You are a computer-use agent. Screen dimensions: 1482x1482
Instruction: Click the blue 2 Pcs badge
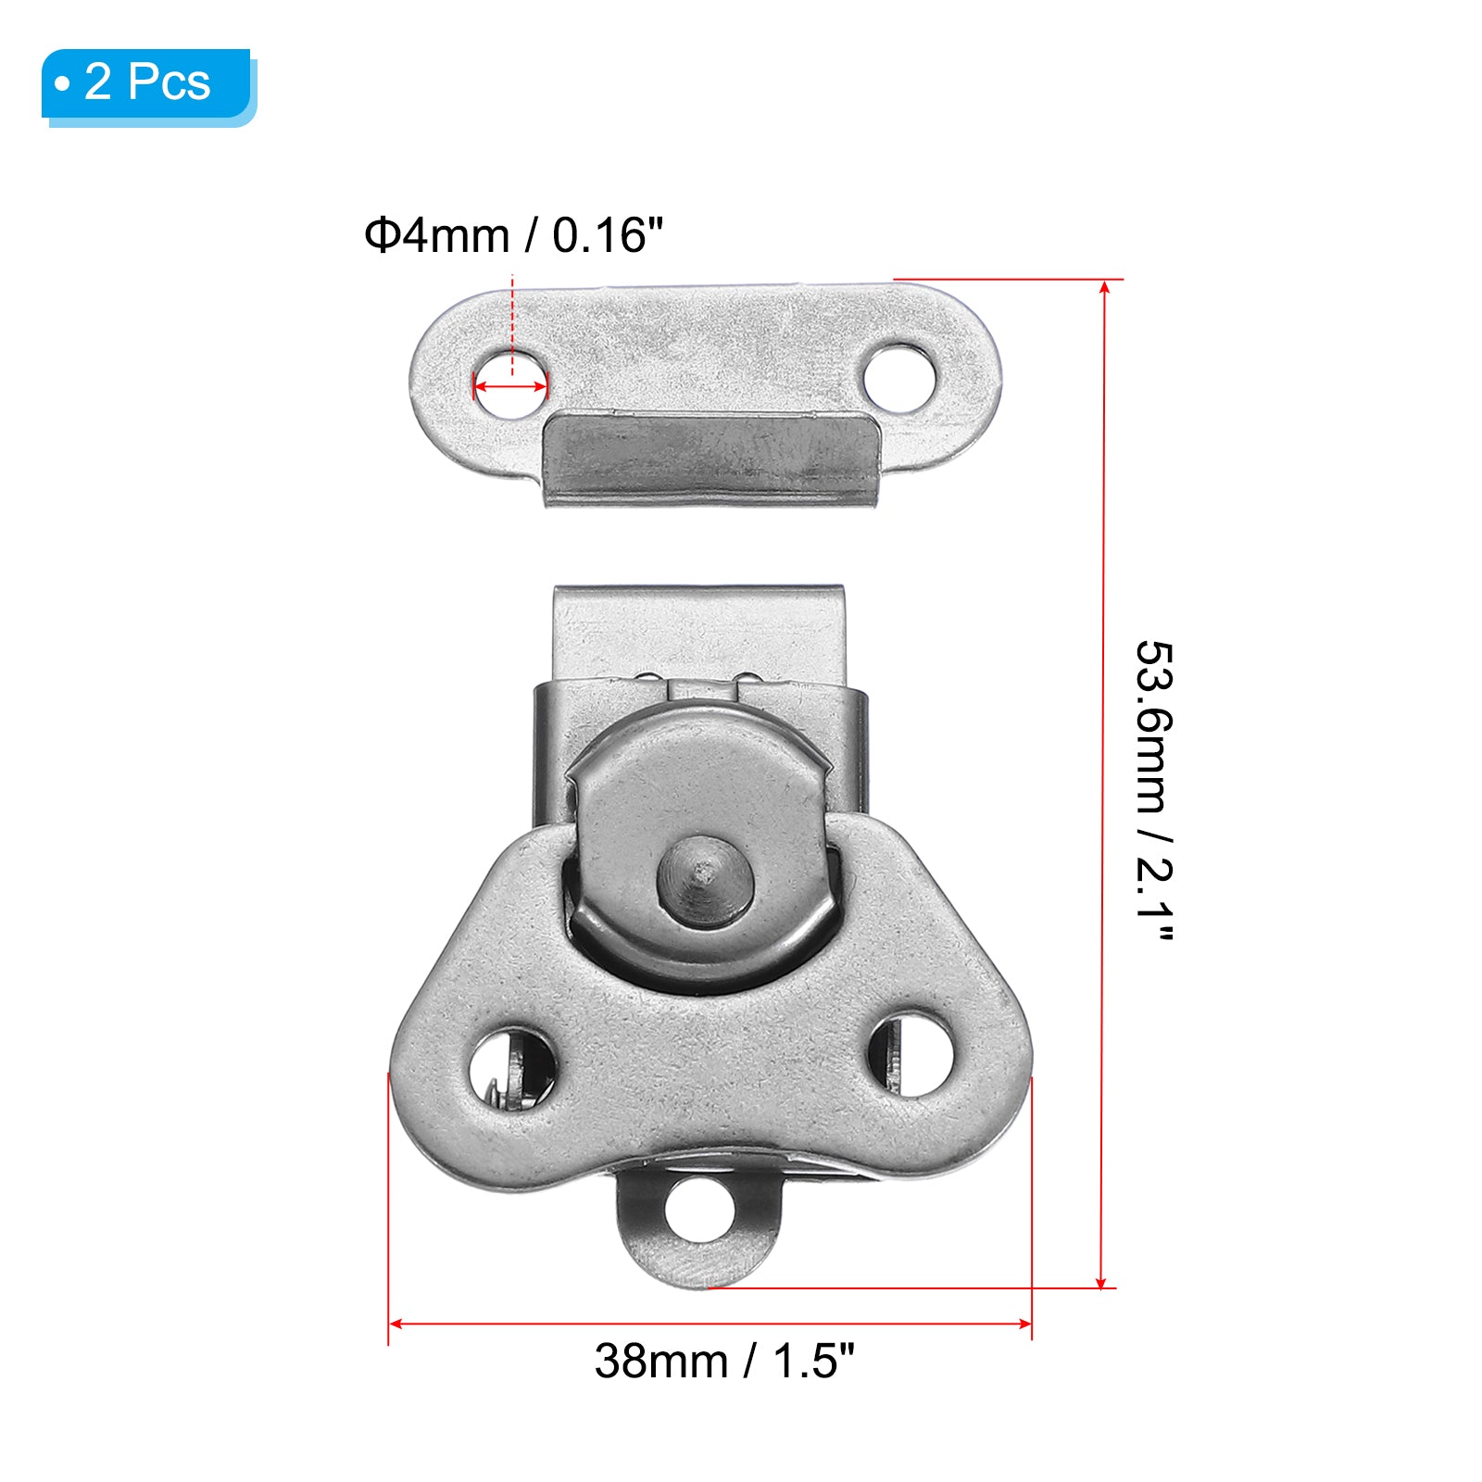[148, 85]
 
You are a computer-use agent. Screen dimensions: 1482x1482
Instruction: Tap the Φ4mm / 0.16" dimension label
[514, 235]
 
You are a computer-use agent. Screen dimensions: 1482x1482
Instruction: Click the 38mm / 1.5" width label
[724, 1362]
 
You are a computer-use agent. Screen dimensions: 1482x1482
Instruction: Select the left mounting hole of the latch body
[512, 1068]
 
